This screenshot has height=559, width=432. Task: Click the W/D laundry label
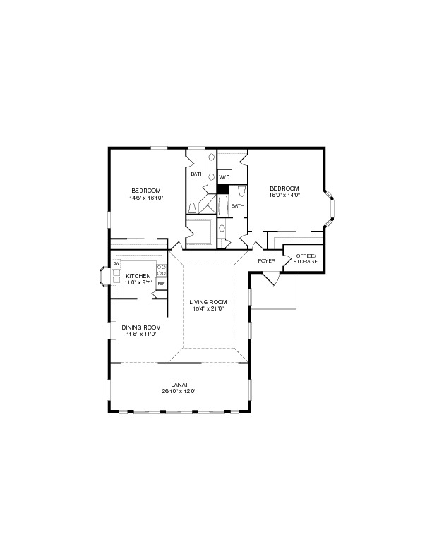[x=224, y=176]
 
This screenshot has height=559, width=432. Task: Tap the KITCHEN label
[x=138, y=275]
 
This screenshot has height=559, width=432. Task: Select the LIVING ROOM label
[x=207, y=302]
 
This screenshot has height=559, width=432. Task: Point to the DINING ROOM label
[x=141, y=327]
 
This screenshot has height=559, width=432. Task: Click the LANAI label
[x=179, y=384]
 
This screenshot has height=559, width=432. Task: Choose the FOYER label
[x=266, y=260]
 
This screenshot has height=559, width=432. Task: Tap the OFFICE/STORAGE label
[x=306, y=258]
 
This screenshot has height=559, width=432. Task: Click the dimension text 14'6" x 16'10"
[x=146, y=198]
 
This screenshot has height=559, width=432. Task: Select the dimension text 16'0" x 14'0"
[x=285, y=196]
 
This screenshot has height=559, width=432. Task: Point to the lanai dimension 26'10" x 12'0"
[x=179, y=391]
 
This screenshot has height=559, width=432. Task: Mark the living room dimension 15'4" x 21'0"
[x=207, y=308]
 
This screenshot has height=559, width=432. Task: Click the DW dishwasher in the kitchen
[x=116, y=263]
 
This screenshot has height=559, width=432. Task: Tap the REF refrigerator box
[x=161, y=284]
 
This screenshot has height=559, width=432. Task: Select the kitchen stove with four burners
[x=162, y=270]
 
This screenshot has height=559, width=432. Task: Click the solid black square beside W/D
[x=223, y=188]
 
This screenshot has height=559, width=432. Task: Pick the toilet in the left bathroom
[x=191, y=207]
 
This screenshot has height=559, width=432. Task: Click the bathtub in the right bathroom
[x=224, y=207]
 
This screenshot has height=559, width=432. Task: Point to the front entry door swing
[x=272, y=281]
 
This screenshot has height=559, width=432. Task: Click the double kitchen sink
[x=116, y=275]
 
